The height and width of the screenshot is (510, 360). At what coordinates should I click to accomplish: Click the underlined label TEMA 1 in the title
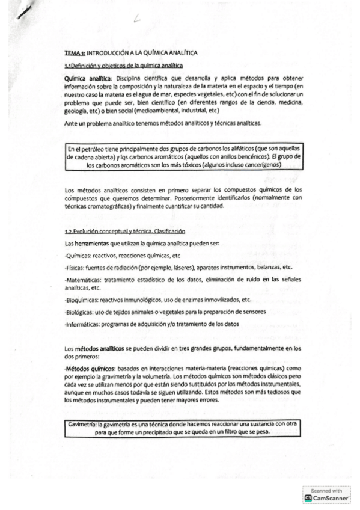pyautogui.click(x=75, y=53)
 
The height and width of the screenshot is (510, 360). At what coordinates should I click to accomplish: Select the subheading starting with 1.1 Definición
pyautogui.click(x=123, y=65)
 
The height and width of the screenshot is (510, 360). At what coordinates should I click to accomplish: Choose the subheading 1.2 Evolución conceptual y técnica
pyautogui.click(x=125, y=232)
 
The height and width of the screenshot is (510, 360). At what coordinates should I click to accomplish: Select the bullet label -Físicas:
pyautogui.click(x=75, y=267)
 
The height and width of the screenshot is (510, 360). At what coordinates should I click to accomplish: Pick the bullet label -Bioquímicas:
pyautogui.click(x=82, y=299)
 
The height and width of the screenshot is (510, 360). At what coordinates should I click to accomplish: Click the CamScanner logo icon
pyautogui.click(x=308, y=498)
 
